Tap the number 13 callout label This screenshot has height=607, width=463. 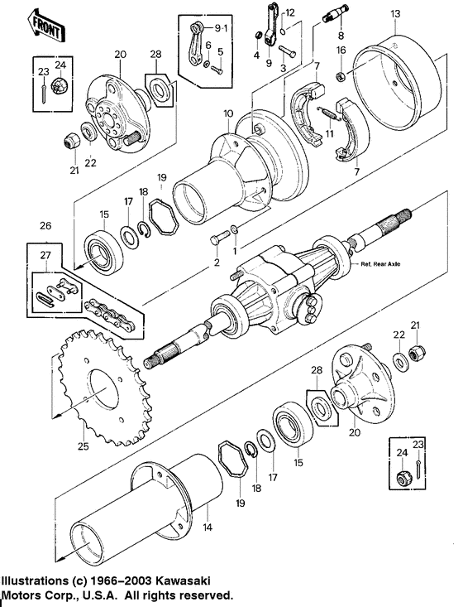click(x=395, y=14)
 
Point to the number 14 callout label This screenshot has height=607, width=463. click(x=208, y=527)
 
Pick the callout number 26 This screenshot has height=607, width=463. click(x=45, y=224)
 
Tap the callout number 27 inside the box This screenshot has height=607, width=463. click(x=45, y=257)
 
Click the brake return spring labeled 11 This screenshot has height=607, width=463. click(x=329, y=110)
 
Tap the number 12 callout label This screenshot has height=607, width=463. click(x=290, y=13)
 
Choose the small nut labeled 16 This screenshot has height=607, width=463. click(x=340, y=77)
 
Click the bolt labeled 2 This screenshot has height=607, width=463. click(x=216, y=238)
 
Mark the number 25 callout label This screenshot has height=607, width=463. click(x=83, y=447)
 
